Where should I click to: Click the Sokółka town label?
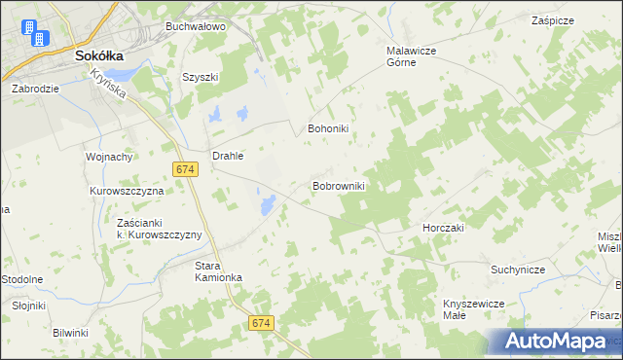pos(97,56)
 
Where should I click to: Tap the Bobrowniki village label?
pos(338,185)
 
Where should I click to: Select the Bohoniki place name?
pos(328,127)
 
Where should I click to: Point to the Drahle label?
pos(228,155)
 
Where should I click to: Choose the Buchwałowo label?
pos(195,26)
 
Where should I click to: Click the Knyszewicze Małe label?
pos(471,308)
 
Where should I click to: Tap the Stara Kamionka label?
pos(218,270)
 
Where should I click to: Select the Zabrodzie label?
pos(36,88)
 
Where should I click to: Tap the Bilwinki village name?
pos(70,333)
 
